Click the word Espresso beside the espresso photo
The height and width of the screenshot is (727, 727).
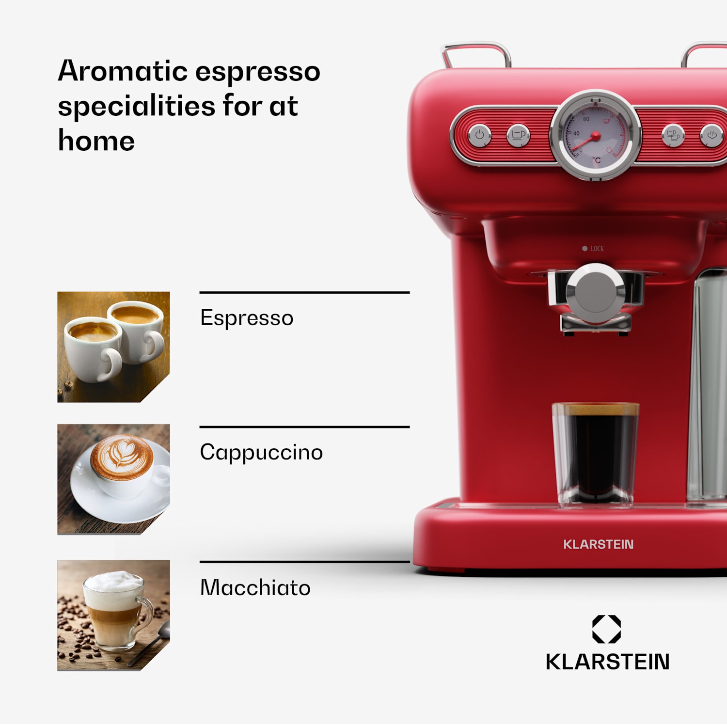tap(246, 318)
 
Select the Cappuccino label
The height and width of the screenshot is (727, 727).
tap(261, 452)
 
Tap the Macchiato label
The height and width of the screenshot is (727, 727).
tap(255, 587)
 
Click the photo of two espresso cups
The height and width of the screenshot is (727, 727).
tap(113, 347)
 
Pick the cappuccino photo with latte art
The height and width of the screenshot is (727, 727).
tap(113, 479)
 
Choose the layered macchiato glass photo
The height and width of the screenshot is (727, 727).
tap(113, 615)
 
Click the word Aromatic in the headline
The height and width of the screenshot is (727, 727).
tap(122, 71)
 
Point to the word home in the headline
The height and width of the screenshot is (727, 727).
tap(96, 141)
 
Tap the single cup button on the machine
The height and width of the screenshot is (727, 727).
tap(518, 135)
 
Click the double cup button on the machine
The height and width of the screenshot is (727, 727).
tap(673, 135)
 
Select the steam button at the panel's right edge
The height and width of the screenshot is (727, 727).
tap(711, 135)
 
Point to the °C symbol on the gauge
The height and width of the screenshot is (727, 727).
tap(597, 160)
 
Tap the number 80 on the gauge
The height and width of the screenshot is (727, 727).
tap(586, 119)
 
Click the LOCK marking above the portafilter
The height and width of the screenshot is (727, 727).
tap(597, 249)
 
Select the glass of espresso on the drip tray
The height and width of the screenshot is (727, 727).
tap(595, 454)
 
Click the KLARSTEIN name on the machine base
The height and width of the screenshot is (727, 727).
tap(598, 544)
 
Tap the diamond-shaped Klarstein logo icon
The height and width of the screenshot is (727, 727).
tap(606, 629)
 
